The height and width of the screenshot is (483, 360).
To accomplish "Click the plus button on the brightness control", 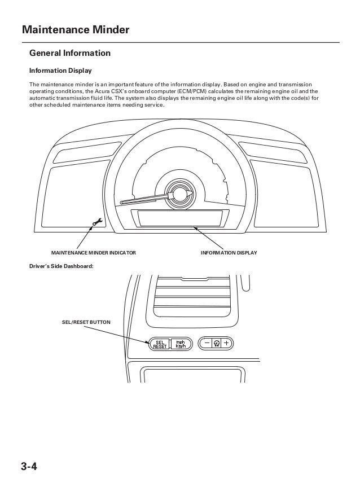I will click(x=227, y=343).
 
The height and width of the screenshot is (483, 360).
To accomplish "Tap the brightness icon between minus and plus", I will click(x=216, y=343).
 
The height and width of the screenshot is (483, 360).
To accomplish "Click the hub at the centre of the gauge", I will click(x=179, y=194).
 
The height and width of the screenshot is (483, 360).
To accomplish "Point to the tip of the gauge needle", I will click(x=122, y=202).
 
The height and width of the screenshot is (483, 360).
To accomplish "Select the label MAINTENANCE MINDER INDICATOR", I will click(x=93, y=253).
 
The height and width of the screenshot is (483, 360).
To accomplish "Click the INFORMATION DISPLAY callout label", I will click(x=229, y=253).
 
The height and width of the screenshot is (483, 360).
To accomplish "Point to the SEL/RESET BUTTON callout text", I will click(x=86, y=322).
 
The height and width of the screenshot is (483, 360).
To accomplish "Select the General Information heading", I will click(x=70, y=54).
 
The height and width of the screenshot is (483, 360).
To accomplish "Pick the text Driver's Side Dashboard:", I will click(x=60, y=266).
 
